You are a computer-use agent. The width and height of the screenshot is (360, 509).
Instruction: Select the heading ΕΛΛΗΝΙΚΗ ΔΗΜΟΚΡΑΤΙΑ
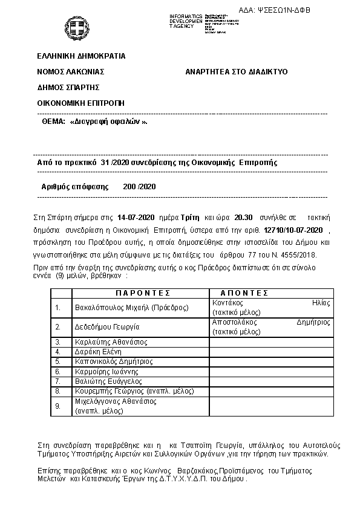[81, 56]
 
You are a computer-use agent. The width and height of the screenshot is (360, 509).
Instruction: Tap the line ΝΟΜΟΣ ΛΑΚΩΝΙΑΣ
[71, 71]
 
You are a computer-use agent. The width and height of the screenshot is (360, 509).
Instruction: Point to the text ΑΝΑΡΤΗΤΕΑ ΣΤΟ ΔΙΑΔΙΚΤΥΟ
[237, 71]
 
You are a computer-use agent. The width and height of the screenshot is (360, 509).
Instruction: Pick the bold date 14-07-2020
[137, 216]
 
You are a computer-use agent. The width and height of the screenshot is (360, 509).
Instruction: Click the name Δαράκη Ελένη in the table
[98, 352]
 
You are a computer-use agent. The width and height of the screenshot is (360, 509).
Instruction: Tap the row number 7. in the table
[58, 381]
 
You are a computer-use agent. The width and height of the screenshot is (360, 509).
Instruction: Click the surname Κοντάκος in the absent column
[227, 303]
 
